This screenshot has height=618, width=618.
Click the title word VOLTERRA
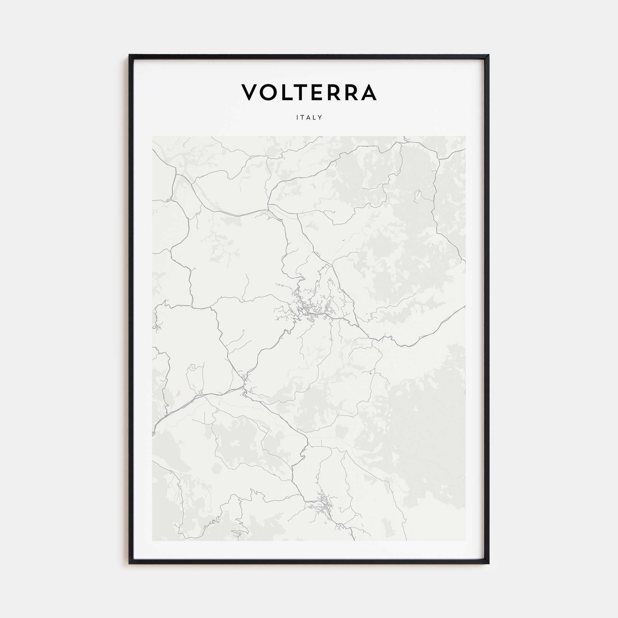coord(309,92)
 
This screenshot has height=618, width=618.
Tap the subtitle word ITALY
coord(309,117)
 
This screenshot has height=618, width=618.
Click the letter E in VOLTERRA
coord(318,92)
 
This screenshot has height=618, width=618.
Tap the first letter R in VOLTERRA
coord(334,92)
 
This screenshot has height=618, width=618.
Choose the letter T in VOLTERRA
coord(303,92)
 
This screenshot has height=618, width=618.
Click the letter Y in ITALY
coord(320,117)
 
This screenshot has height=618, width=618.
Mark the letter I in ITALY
coord(298,117)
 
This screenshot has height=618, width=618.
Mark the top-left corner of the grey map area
coord(152,136)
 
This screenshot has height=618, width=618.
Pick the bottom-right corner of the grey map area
coord(465,540)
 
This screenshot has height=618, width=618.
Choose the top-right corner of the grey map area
coord(465,136)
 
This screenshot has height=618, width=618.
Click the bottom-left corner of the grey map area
coord(152,540)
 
